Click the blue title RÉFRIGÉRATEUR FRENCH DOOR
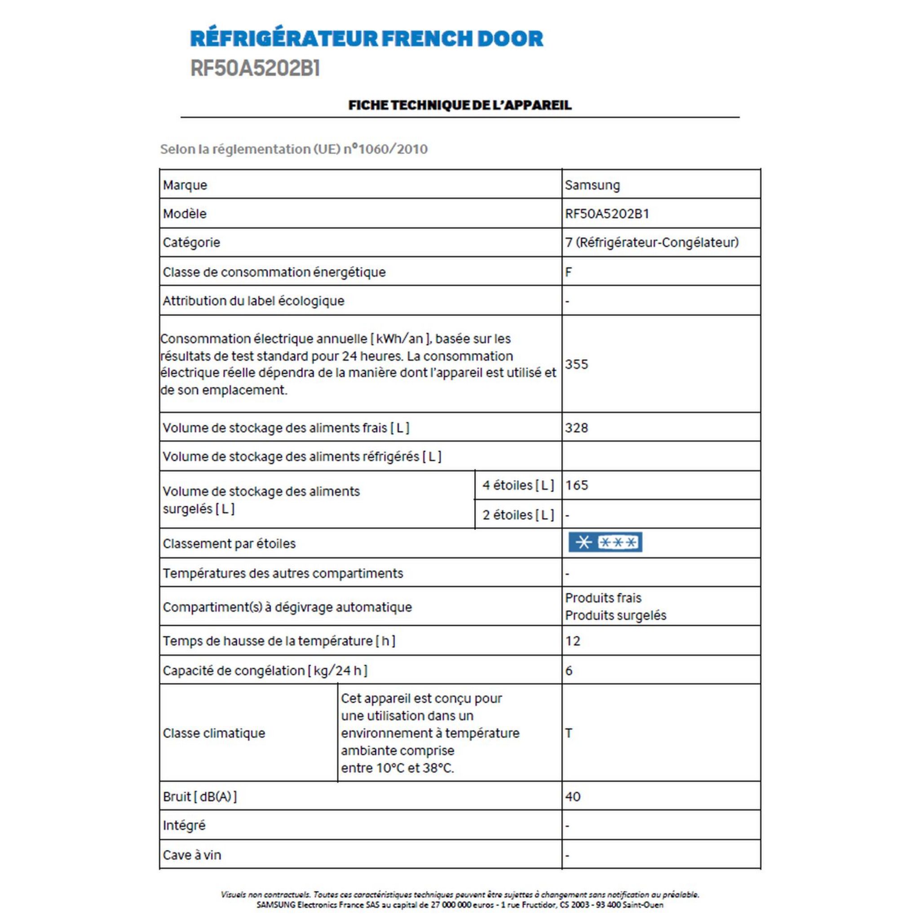click(366, 39)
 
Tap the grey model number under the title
click(255, 69)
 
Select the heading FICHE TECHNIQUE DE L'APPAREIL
click(460, 105)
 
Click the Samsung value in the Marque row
click(592, 185)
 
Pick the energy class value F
click(568, 272)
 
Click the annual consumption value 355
click(576, 364)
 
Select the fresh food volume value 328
click(576, 428)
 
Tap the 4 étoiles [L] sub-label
click(517, 485)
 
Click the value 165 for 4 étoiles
click(576, 485)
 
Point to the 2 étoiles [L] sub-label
click(517, 515)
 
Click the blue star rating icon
click(605, 542)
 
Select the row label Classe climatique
click(214, 733)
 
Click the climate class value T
click(569, 733)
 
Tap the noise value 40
click(572, 796)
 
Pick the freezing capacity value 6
click(569, 671)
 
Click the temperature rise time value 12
click(572, 641)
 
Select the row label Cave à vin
click(192, 855)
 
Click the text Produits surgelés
click(615, 616)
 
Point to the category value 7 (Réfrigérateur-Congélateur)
click(651, 243)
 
